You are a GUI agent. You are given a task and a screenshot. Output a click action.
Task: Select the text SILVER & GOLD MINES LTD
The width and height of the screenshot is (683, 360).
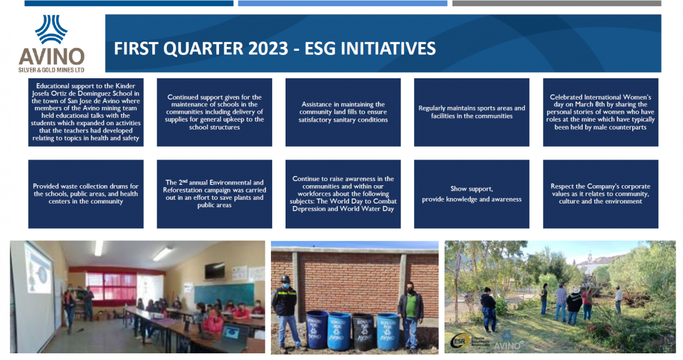51,70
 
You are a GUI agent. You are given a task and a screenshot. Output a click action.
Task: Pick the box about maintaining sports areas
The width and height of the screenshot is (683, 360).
471,112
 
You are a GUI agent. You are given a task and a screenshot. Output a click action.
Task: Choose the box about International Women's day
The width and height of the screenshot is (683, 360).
600,112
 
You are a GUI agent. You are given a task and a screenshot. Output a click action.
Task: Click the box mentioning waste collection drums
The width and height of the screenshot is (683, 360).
86,194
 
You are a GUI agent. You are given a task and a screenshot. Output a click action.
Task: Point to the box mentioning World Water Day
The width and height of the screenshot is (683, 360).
343,194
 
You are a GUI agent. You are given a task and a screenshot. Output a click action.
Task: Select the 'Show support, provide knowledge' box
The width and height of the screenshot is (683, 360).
471,194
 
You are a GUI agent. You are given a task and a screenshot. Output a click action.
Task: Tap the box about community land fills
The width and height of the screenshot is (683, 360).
343,112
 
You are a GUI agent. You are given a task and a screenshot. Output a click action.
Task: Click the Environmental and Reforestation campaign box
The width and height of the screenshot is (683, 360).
214,194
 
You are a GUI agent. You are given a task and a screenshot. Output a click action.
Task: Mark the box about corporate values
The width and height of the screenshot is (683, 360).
600,194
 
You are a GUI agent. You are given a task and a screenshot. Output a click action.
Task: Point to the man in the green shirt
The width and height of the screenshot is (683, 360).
410,315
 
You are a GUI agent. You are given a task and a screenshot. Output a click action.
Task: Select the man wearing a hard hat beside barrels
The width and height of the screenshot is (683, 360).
286,314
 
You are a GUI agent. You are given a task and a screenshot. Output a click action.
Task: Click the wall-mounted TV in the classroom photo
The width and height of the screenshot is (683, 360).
215,271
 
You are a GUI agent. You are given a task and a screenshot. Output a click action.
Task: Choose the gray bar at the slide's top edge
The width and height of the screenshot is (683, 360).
556,3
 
